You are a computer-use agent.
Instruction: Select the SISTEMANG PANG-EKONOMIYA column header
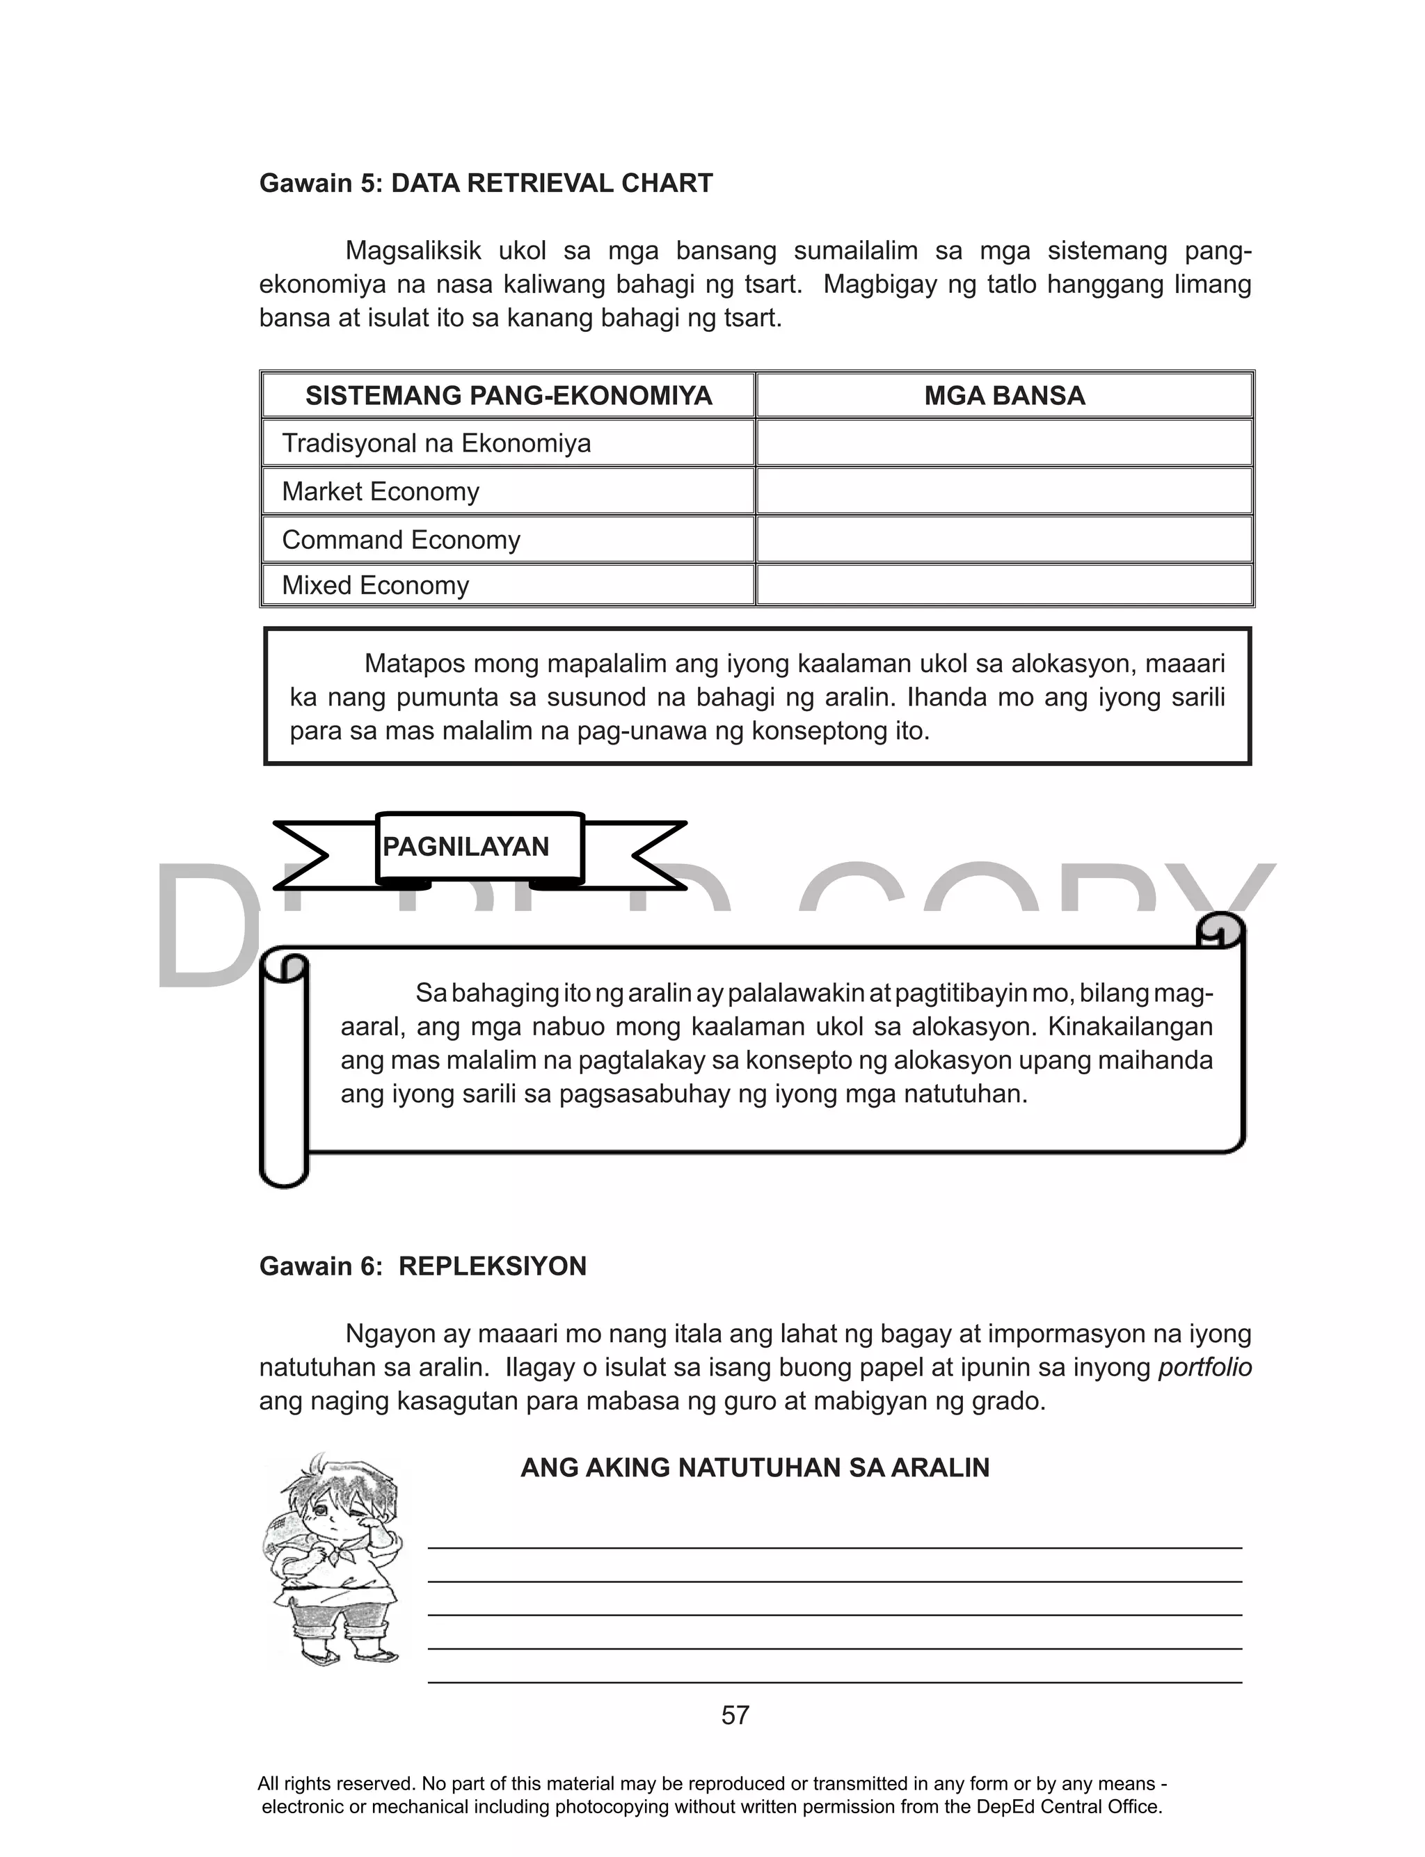coord(508,396)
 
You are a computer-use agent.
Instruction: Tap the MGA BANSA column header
coord(1004,396)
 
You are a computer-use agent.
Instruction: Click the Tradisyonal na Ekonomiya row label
coord(436,443)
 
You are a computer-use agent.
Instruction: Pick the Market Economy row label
coord(380,492)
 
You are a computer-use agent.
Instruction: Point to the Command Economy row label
coord(400,540)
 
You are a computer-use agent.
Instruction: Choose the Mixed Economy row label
coord(375,586)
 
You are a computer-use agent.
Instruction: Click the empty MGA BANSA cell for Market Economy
coord(1004,492)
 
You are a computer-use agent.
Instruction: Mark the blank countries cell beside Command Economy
coord(1004,540)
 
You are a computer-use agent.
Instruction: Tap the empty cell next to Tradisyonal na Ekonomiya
coord(1004,443)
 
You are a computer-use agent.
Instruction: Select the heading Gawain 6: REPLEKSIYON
coord(422,1266)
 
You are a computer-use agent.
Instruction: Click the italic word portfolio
coord(1204,1368)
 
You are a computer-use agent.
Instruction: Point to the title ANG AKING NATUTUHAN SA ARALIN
coord(754,1468)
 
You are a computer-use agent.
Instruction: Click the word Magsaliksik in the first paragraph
coord(413,251)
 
